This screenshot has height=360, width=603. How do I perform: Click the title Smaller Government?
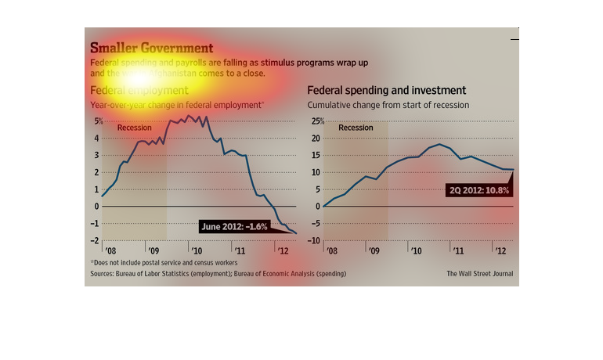coord(151,49)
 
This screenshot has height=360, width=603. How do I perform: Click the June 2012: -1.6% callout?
coord(233,227)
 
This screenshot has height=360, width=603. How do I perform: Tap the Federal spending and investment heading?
coord(387,91)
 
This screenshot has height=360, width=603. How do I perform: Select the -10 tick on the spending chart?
coord(315,240)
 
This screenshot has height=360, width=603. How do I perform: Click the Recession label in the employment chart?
coord(134,128)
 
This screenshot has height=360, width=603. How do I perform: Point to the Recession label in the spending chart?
coord(356,128)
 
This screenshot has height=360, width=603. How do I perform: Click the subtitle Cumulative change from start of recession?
coord(388,105)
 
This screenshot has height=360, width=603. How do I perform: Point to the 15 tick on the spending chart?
coord(316,155)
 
